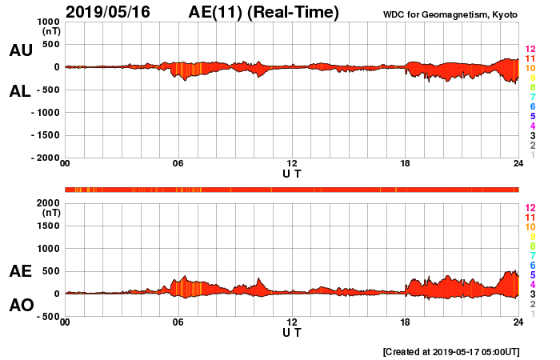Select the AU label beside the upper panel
click(20, 50)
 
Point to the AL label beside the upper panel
click(20, 91)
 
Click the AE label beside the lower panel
click(20, 271)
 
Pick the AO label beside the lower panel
click(20, 306)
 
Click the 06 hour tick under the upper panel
click(178, 164)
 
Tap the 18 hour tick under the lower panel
click(405, 322)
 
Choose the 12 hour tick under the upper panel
click(291, 164)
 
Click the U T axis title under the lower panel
click(291, 331)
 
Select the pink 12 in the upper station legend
click(530, 49)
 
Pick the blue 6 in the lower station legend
click(532, 265)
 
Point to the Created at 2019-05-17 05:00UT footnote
click(451, 351)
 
